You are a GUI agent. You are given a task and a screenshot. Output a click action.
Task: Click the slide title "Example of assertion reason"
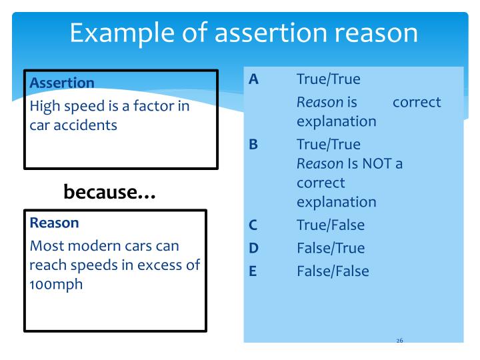pyautogui.click(x=245, y=33)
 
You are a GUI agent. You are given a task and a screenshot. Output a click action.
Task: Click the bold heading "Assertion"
pyautogui.click(x=62, y=83)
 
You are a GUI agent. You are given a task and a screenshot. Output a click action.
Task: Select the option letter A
pyautogui.click(x=253, y=79)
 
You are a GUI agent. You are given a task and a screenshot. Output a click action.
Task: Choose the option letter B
pyautogui.click(x=253, y=144)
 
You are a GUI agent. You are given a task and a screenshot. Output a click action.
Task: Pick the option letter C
pyautogui.click(x=253, y=225)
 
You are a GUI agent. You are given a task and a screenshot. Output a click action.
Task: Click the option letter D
pyautogui.click(x=253, y=248)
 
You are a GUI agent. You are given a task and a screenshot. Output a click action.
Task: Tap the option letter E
pyautogui.click(x=253, y=271)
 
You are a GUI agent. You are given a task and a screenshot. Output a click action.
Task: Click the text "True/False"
pyautogui.click(x=331, y=225)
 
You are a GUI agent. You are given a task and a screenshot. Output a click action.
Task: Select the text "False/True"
pyautogui.click(x=331, y=248)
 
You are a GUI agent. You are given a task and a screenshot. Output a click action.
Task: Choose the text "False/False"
pyautogui.click(x=333, y=271)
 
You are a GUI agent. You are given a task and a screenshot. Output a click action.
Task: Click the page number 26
pyautogui.click(x=399, y=341)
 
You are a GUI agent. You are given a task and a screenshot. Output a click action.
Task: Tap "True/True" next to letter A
pyautogui.click(x=328, y=79)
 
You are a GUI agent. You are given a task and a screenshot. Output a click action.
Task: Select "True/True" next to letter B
pyautogui.click(x=328, y=144)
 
